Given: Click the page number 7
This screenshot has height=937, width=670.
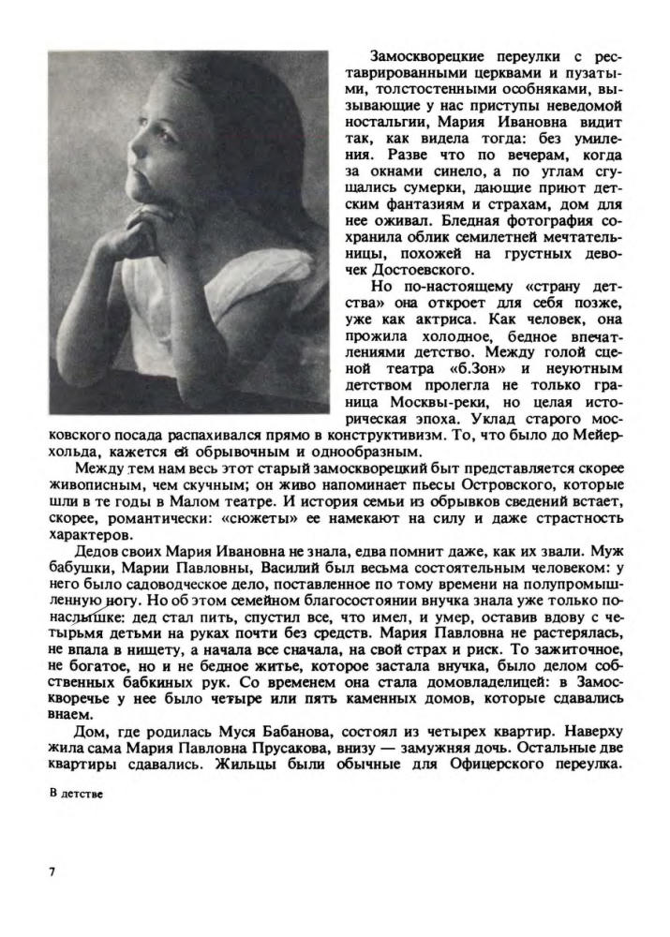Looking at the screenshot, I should click(52, 871).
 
